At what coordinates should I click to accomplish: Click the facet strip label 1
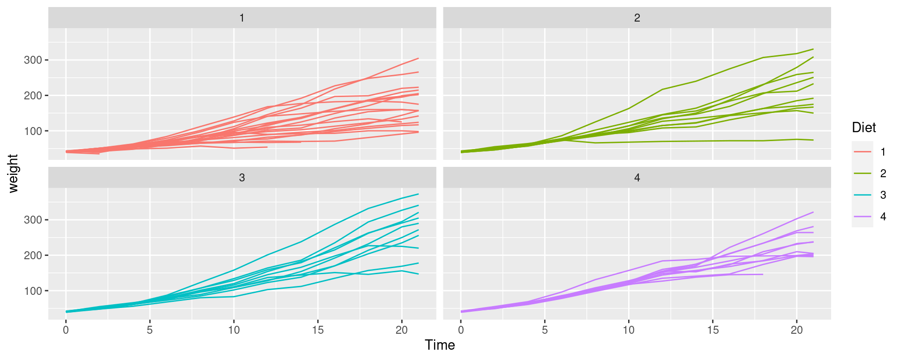pos(242,18)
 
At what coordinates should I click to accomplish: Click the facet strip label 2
pos(637,18)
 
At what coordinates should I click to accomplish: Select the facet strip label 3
pos(242,178)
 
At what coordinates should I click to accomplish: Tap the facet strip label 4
pos(637,178)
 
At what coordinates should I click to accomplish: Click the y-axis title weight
pos(13,173)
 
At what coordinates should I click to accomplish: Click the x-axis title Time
pos(440,345)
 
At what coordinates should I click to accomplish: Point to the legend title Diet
pos(864,127)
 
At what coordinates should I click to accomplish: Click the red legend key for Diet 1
pos(862,152)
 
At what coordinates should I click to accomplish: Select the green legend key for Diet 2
pos(862,173)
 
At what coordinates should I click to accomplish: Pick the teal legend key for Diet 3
pos(862,195)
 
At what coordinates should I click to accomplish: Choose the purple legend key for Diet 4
pos(862,217)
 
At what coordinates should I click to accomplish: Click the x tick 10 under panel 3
pos(234,330)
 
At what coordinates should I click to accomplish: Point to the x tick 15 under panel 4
pos(713,330)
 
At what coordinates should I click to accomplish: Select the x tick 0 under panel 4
pos(461,330)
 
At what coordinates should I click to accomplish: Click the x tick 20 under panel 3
pos(402,330)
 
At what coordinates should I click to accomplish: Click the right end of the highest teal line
pos(418,194)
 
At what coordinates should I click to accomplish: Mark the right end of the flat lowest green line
pos(813,140)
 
